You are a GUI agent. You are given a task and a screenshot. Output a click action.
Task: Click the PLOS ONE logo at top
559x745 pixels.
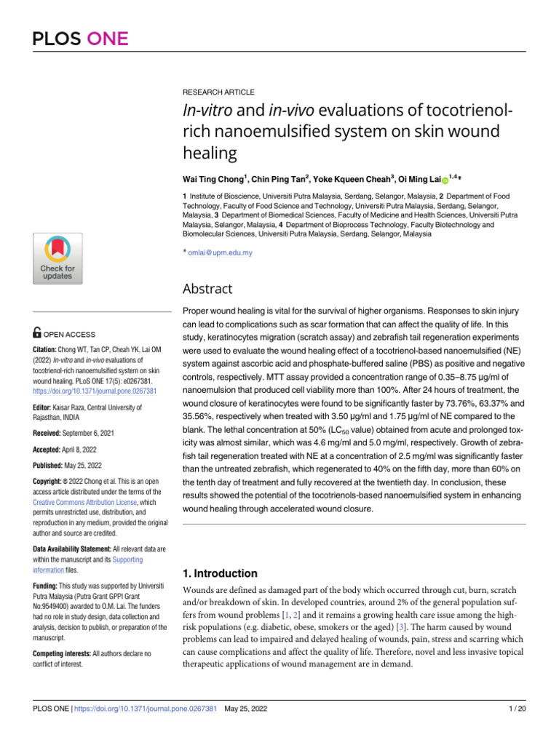pos(80,39)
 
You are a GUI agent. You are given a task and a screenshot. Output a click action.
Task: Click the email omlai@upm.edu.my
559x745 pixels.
pos(221,252)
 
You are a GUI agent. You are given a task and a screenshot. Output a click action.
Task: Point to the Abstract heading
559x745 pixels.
pos(207,289)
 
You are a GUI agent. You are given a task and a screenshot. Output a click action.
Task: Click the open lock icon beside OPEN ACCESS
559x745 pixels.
pos(38,334)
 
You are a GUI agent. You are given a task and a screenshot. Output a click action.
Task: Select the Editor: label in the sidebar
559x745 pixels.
pos(47,407)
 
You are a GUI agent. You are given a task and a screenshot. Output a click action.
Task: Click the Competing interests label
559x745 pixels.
pos(61,633)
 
